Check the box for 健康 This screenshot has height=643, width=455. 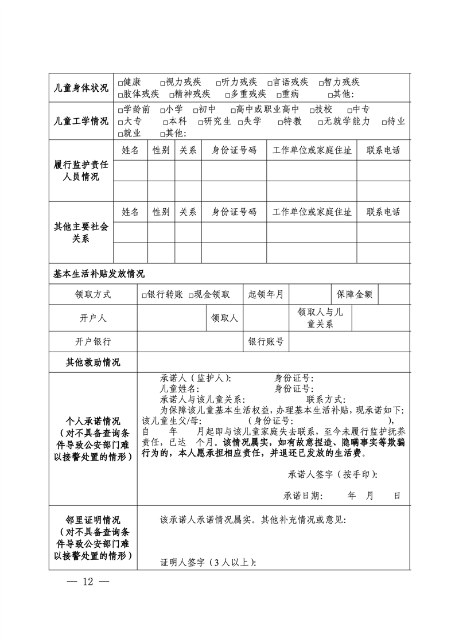click(x=120, y=83)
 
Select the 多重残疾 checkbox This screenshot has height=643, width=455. click(x=227, y=95)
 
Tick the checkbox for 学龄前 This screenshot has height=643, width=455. click(x=120, y=110)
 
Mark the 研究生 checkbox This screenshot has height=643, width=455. click(x=201, y=122)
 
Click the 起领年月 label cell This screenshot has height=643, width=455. click(x=266, y=295)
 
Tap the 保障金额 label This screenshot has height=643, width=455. click(x=355, y=295)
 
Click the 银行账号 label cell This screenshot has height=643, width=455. click(x=266, y=341)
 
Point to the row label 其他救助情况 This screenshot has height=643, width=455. click(x=93, y=363)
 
